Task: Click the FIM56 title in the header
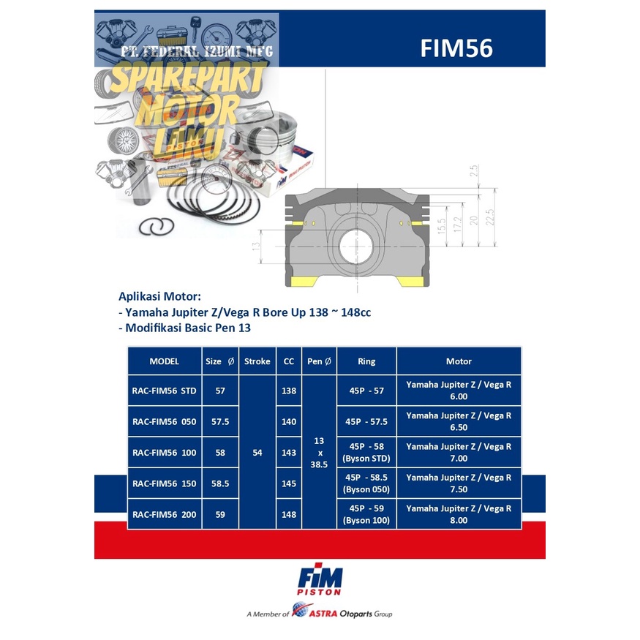[x=456, y=48]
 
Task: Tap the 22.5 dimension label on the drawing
[x=490, y=217]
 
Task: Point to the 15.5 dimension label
[x=441, y=226]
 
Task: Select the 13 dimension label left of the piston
[x=256, y=246]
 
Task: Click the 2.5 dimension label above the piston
[x=473, y=170]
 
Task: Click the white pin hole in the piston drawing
[x=356, y=247]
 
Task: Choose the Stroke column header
[x=257, y=361]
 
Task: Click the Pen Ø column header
[x=319, y=361]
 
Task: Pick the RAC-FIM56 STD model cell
[x=165, y=391]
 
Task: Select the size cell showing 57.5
[x=220, y=421]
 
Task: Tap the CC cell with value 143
[x=289, y=453]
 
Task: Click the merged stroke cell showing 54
[x=257, y=453]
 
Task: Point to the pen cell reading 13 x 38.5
[x=319, y=453]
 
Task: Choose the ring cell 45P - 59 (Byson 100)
[x=366, y=514]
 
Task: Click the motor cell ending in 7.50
[x=459, y=483]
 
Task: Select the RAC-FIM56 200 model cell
[x=165, y=514]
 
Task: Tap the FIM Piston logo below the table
[x=320, y=581]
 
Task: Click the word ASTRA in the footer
[x=323, y=614]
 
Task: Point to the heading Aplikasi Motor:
[x=159, y=296]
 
